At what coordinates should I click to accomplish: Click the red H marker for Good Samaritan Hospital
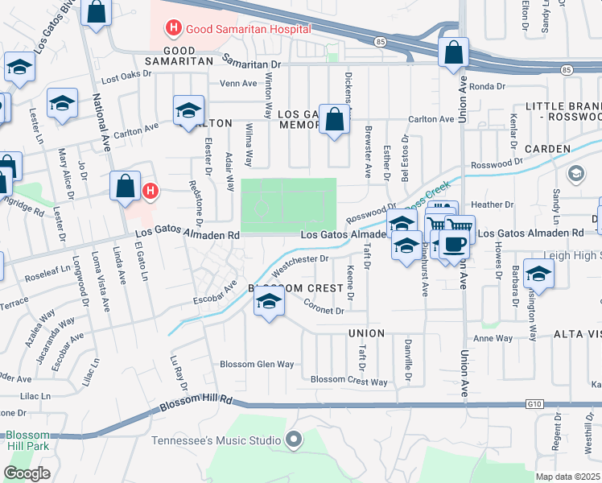[172, 29]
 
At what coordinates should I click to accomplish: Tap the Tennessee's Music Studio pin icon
[294, 440]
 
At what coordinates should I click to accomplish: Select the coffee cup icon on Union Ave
[455, 246]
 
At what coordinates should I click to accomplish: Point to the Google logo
[27, 473]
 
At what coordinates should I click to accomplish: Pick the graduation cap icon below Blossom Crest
[269, 303]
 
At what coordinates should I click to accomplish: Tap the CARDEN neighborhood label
[547, 149]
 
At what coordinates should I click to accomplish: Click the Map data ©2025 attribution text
[567, 477]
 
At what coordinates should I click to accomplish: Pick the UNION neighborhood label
[366, 332]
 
